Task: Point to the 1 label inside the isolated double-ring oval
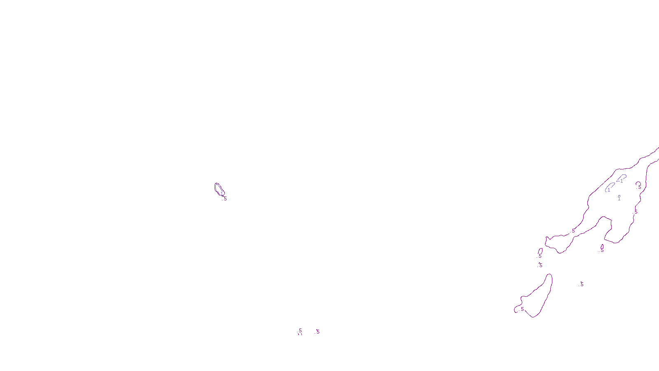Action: click(221, 193)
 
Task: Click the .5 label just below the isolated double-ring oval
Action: click(224, 199)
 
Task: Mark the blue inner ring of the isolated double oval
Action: click(217, 188)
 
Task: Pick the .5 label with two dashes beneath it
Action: click(300, 331)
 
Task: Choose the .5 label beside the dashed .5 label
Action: click(318, 332)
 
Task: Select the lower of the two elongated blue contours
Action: click(609, 187)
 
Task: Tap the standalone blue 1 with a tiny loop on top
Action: click(619, 198)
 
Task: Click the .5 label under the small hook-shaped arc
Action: click(639, 187)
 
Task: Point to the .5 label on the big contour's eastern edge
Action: click(636, 212)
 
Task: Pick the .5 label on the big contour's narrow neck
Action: click(573, 231)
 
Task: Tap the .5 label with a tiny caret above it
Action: click(540, 265)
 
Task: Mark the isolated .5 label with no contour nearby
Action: click(582, 284)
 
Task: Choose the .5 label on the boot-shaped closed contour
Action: click(522, 309)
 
